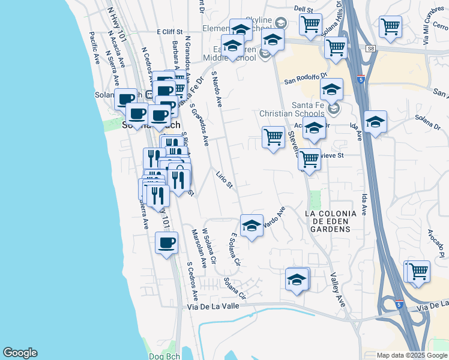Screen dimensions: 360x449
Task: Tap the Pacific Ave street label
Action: point(94,48)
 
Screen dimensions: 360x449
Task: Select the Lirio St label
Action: point(224,179)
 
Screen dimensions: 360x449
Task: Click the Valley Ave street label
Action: point(337,290)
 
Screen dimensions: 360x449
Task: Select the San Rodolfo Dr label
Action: point(305,78)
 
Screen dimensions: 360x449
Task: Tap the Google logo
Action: point(20,353)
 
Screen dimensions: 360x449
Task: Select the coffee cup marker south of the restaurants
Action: point(166,243)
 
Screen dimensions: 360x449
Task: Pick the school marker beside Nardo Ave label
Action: point(252,226)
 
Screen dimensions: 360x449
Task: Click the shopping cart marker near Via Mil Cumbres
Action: point(390,27)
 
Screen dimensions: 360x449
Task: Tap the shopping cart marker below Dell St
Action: point(310,25)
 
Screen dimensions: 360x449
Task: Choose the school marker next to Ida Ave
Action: point(375,122)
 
